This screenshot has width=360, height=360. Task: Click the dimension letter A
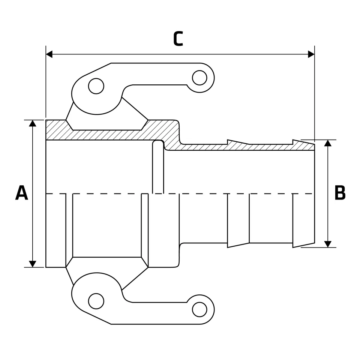(22, 193)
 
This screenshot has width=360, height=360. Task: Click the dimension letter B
(340, 193)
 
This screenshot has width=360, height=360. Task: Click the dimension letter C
(178, 39)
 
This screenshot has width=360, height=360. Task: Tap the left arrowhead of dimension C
(49, 54)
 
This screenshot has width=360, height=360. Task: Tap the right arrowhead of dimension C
(311, 54)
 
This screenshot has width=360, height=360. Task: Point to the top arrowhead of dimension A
(33, 123)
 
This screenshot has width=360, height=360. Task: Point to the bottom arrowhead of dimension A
(33, 264)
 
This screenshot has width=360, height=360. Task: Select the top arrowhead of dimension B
(328, 143)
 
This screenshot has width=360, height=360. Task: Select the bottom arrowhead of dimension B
(328, 244)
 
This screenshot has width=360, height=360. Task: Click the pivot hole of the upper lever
(96, 86)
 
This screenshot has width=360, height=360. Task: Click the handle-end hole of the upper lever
(199, 78)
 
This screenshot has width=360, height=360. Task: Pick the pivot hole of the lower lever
(96, 301)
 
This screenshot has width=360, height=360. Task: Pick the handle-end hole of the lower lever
(199, 309)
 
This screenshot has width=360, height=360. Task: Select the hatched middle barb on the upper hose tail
(238, 143)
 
